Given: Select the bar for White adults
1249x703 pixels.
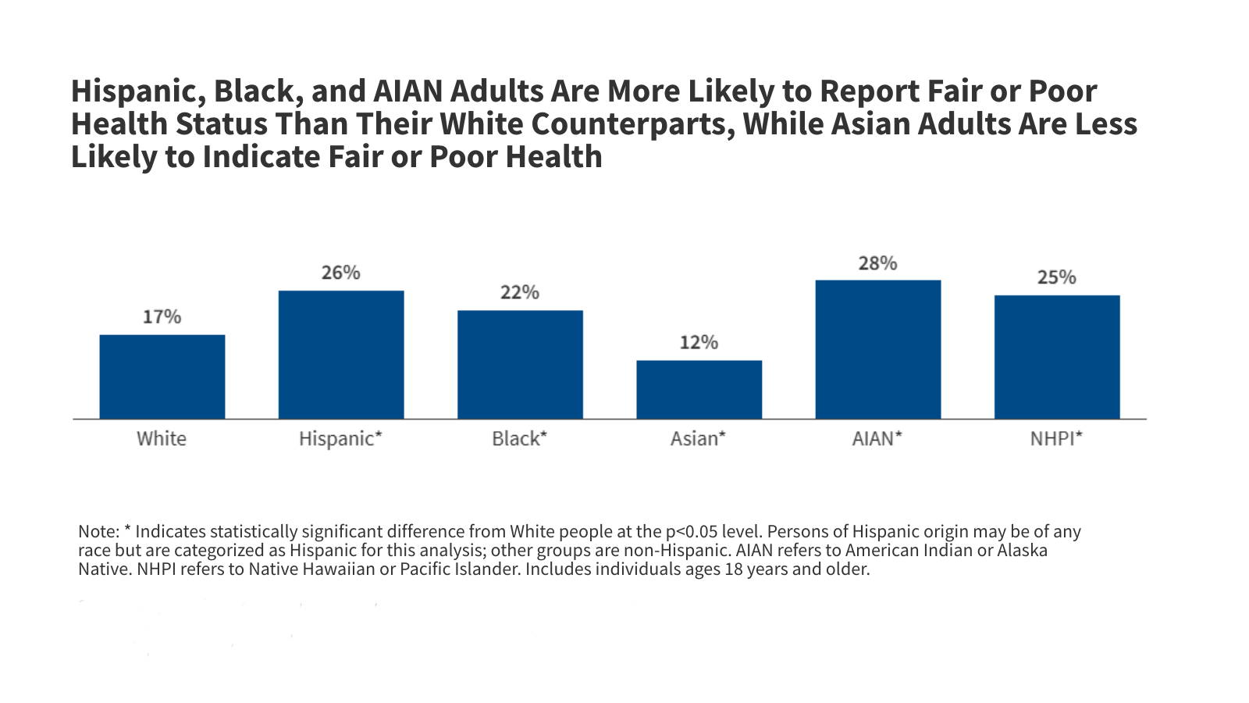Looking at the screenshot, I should coord(162,376).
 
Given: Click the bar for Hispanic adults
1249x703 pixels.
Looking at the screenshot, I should coord(341,355).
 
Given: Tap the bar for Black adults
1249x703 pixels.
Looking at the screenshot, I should coord(520,364).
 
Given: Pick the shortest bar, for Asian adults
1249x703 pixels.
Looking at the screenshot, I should coord(699,389).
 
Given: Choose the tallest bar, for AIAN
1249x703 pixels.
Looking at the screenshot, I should coord(877,349).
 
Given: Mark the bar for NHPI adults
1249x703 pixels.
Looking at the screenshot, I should coord(1057,357).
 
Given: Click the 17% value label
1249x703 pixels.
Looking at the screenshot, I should coord(162,316).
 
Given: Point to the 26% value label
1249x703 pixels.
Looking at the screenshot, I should coord(341,273).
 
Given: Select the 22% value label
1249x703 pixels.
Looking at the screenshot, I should coord(520,292).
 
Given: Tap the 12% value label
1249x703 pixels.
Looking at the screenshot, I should coord(699,342).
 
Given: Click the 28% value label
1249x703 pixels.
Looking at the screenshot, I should coord(877,263).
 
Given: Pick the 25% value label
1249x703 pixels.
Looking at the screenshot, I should coord(1057,277).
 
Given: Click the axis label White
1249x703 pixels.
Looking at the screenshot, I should coord(162,438).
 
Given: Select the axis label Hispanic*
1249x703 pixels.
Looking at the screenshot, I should coord(341,438).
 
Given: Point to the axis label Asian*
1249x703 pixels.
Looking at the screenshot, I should coord(699,438).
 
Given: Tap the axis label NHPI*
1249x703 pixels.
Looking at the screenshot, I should coord(1057,438).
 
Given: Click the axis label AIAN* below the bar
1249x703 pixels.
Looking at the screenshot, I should coord(877,438).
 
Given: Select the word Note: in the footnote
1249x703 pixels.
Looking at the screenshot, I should coord(98,532).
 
